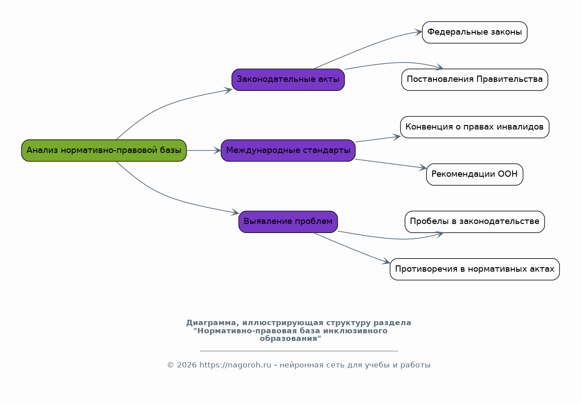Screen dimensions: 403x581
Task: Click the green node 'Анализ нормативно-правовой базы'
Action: click(104, 150)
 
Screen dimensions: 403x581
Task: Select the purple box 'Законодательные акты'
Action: click(288, 80)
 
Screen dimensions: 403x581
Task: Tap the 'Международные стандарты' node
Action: click(288, 150)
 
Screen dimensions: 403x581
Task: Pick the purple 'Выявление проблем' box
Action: click(288, 221)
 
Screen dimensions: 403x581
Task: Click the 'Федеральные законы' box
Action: click(475, 32)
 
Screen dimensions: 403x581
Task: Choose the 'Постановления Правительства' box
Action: click(475, 80)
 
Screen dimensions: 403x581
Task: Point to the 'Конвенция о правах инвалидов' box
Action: click(475, 127)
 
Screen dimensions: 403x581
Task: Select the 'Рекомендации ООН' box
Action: click(475, 174)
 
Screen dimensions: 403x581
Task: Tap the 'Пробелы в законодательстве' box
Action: click(475, 221)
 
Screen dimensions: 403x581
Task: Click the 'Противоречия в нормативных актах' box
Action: click(475, 269)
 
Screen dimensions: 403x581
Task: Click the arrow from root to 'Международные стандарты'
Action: click(204, 151)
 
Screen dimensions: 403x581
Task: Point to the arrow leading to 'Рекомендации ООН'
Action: click(391, 164)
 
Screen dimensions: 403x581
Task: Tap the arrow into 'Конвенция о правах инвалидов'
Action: click(377, 139)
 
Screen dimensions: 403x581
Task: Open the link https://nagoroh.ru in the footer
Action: click(235, 365)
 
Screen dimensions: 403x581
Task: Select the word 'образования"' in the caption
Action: click(290, 339)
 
